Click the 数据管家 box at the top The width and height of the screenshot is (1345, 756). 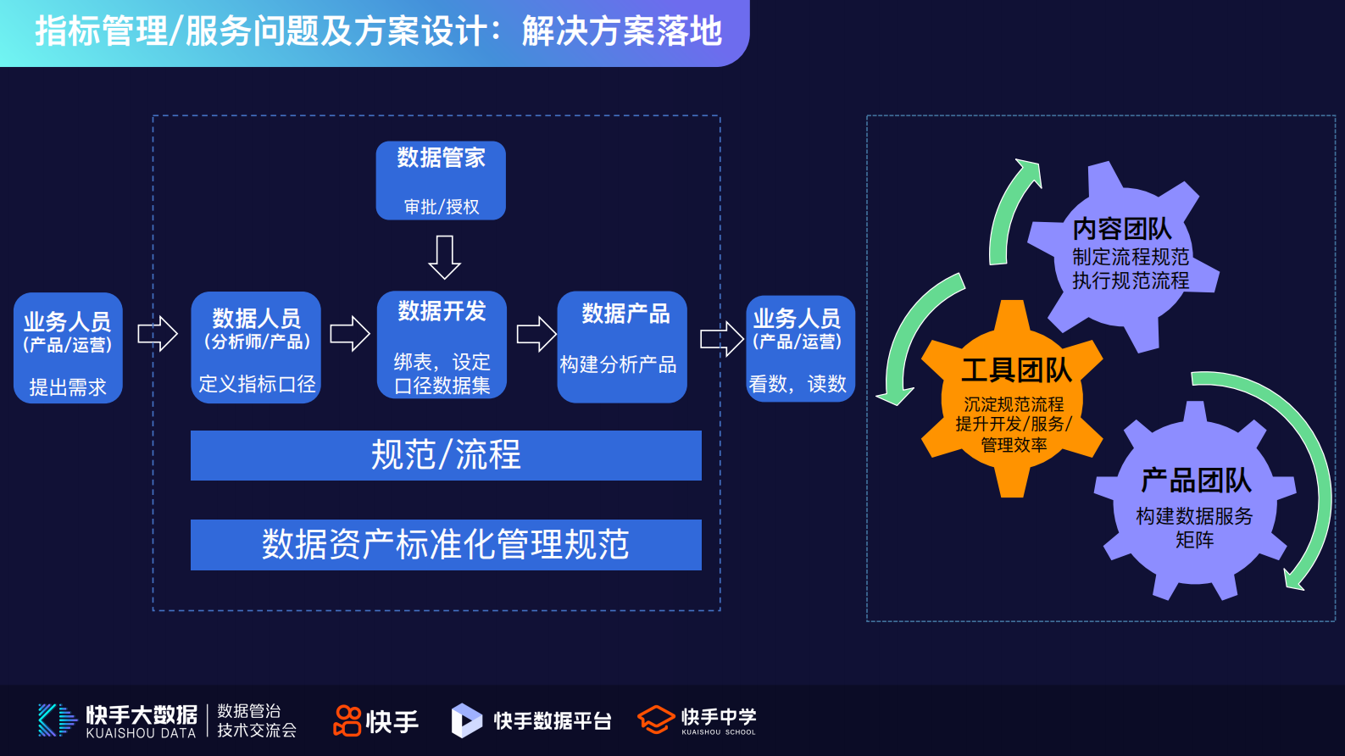(x=441, y=180)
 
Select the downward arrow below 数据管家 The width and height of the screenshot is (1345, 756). (x=444, y=257)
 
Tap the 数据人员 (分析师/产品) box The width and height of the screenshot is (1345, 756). (x=256, y=347)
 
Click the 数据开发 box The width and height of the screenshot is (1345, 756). (x=442, y=345)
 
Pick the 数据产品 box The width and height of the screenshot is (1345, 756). (x=622, y=347)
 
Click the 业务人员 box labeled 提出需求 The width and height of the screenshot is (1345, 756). (x=68, y=348)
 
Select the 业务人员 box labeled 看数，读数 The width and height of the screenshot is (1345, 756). (x=800, y=348)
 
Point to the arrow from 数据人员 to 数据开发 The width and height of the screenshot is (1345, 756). (x=349, y=334)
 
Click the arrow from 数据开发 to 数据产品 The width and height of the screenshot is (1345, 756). (x=536, y=334)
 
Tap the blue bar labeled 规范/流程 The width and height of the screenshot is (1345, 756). (x=446, y=455)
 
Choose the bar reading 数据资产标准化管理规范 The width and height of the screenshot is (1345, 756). (x=446, y=545)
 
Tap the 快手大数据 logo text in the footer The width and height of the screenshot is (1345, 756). (x=142, y=720)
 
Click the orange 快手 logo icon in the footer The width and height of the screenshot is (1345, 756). (x=347, y=720)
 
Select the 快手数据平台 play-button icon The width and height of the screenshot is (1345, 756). (x=465, y=720)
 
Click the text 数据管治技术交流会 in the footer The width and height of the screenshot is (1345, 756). (x=256, y=720)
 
